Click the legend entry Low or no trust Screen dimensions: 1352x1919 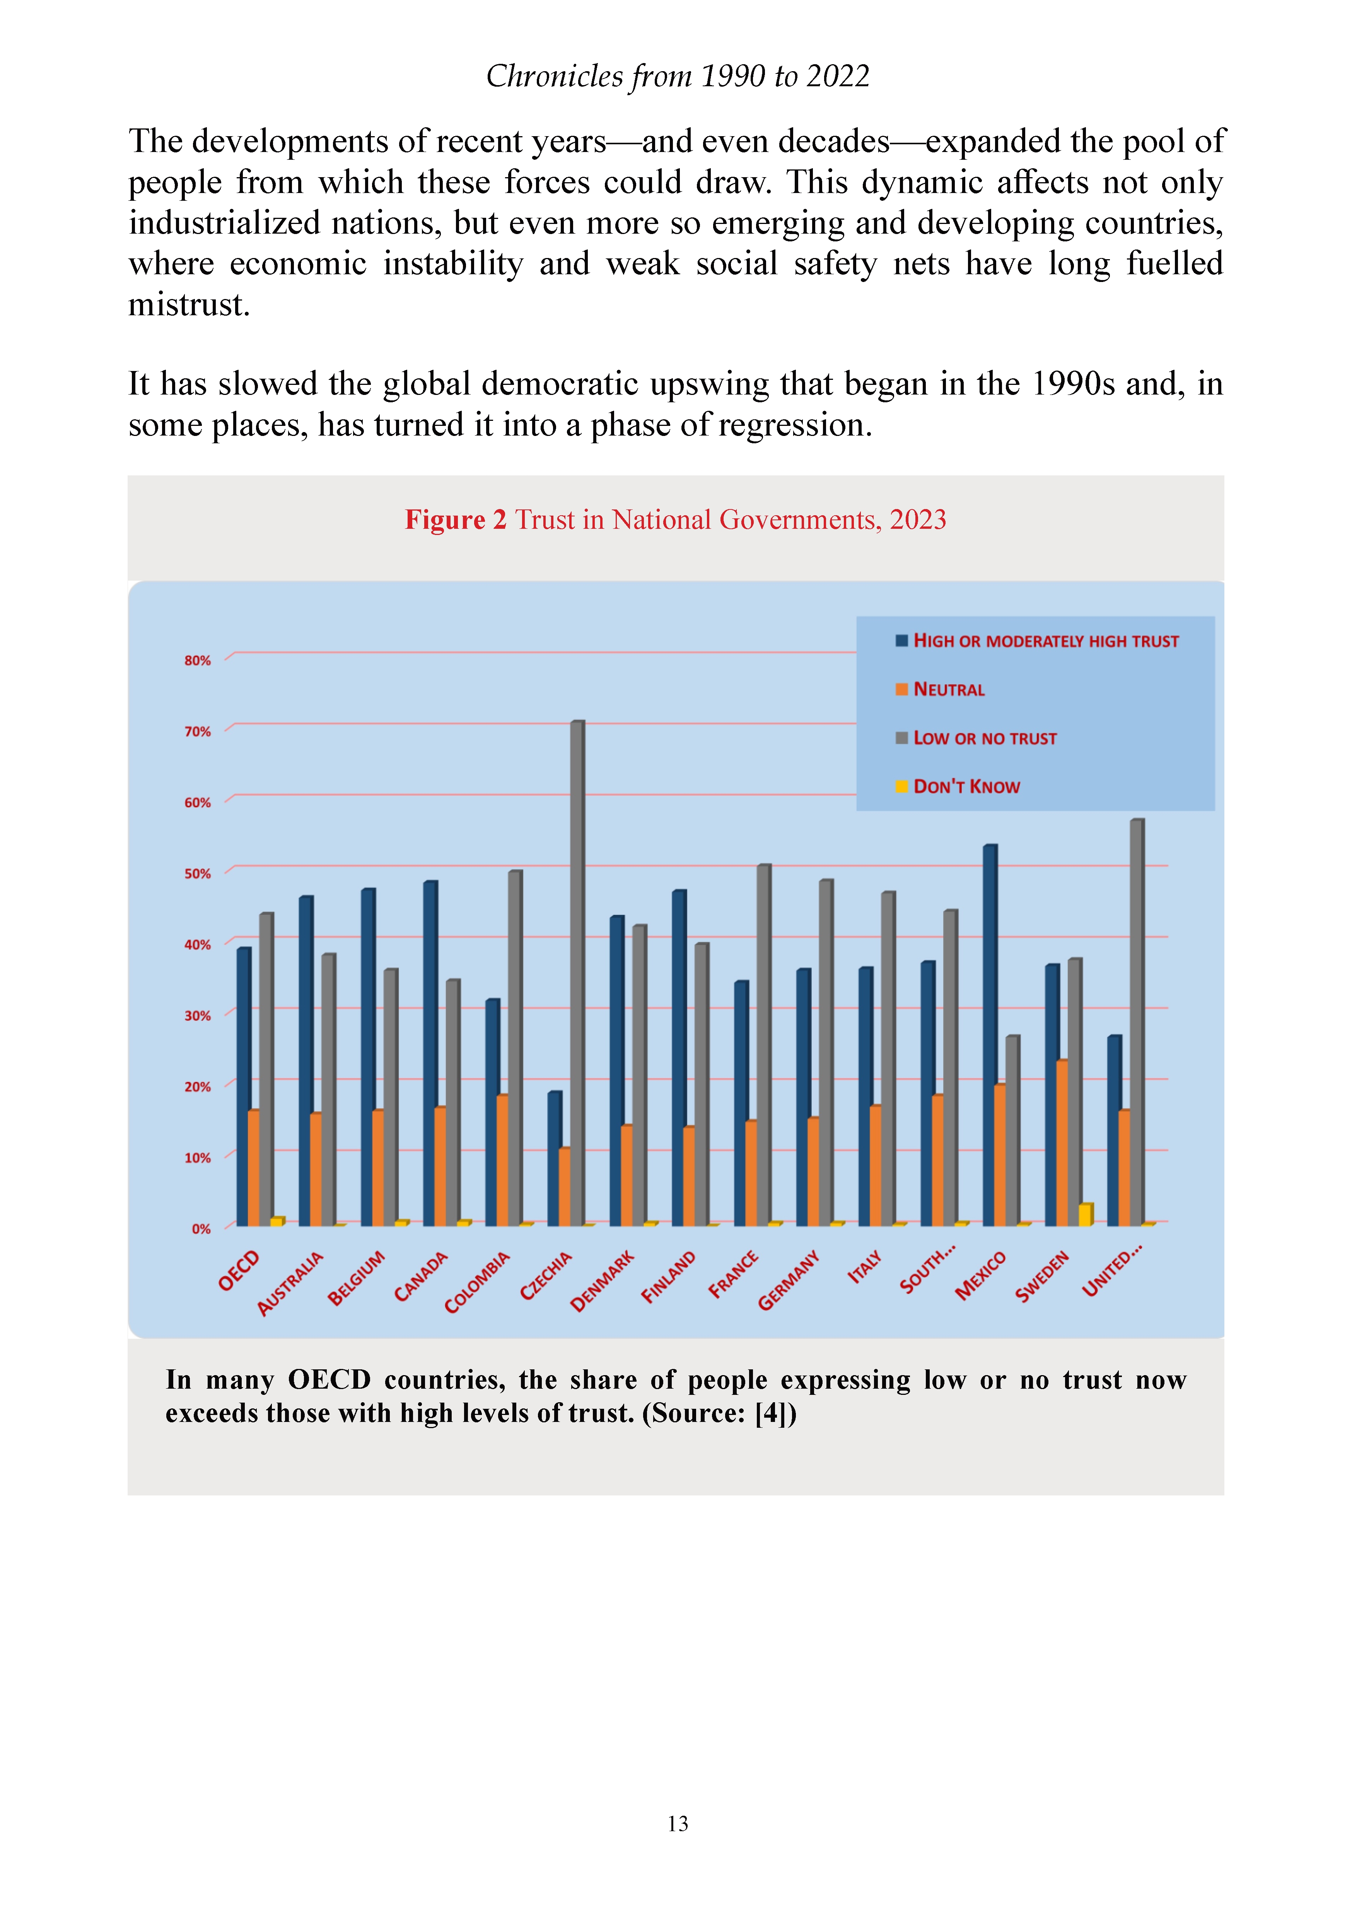[x=976, y=738]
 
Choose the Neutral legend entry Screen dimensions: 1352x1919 [x=940, y=690]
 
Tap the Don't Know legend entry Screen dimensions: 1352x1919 [x=958, y=786]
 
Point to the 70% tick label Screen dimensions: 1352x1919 [x=198, y=731]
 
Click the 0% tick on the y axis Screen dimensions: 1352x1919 [x=201, y=1229]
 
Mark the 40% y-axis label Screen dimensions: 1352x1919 [x=198, y=945]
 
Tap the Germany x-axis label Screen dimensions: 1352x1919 [x=788, y=1280]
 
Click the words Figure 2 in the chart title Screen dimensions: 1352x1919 [x=456, y=520]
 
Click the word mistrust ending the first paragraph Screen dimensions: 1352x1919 [x=189, y=305]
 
